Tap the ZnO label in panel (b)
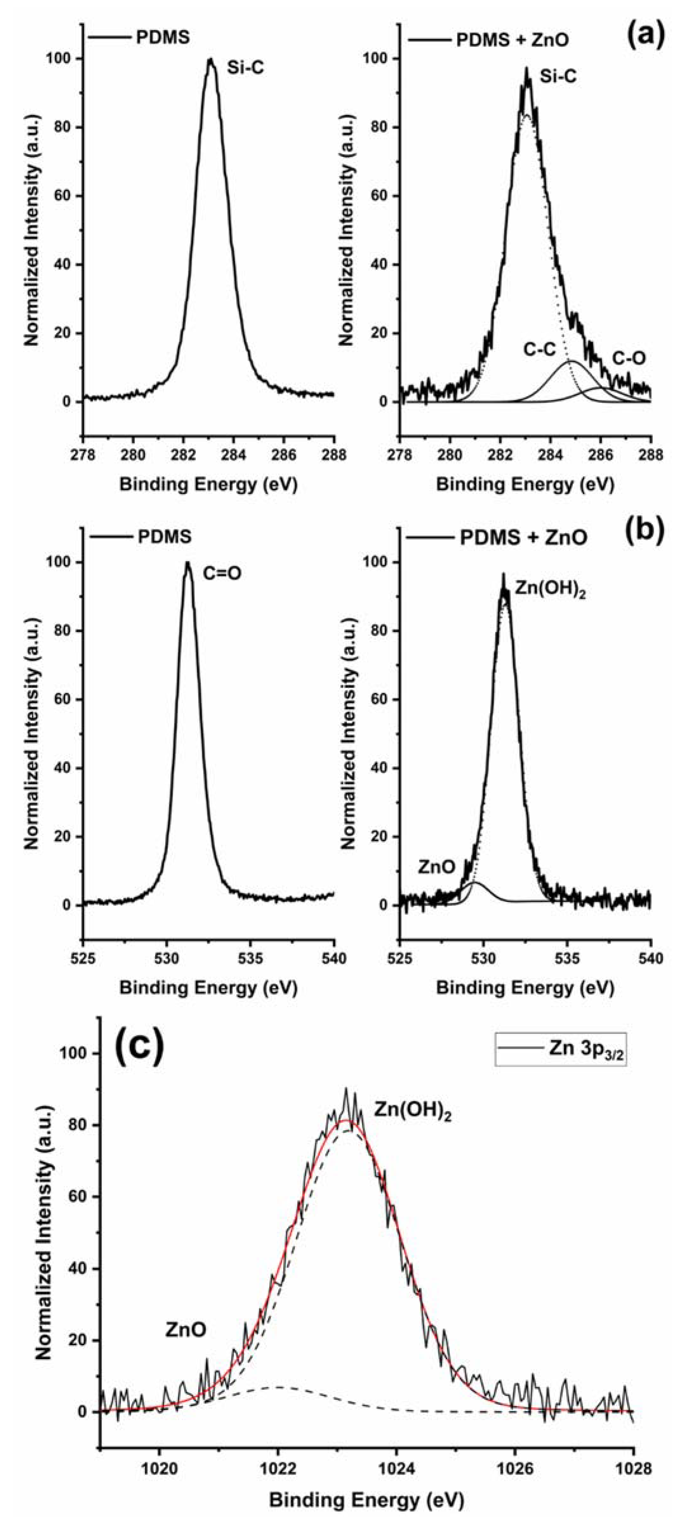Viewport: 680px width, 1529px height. [436, 867]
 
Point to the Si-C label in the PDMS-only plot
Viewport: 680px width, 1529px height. [245, 69]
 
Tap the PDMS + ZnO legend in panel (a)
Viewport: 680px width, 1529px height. [513, 40]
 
